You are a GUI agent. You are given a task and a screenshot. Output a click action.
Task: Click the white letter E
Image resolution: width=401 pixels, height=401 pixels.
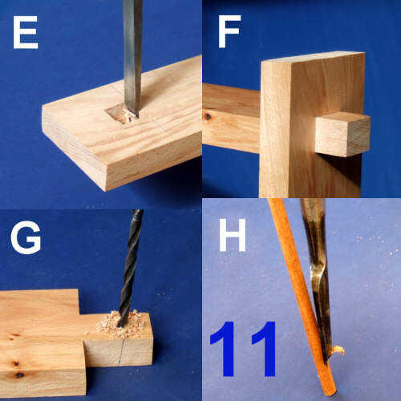tap(26, 32)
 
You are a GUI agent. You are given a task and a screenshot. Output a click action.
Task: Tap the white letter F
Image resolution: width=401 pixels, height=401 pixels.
tap(229, 31)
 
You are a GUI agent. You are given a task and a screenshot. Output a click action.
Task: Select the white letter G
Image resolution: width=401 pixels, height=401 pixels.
tap(26, 237)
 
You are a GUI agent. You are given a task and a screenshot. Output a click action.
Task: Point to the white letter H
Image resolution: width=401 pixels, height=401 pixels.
tap(233, 235)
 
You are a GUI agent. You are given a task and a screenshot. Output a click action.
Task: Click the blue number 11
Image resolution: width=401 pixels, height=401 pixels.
tap(243, 349)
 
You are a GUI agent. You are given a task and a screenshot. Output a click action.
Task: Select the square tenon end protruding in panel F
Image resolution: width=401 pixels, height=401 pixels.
tap(342, 134)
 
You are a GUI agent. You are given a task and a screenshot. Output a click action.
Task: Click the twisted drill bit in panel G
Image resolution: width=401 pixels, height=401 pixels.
tap(130, 268)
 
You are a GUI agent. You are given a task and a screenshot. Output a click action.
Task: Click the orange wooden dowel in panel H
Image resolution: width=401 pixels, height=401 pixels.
tap(302, 297)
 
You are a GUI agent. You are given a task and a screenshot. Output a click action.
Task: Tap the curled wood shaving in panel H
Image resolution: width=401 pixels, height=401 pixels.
tap(337, 350)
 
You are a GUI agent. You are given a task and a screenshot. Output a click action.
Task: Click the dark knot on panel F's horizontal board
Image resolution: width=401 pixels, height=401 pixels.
tap(207, 116)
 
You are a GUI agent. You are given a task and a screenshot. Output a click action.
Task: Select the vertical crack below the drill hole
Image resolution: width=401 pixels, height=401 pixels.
tap(122, 351)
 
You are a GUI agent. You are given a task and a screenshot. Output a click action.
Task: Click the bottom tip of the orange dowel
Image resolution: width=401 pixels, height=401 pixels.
tap(331, 394)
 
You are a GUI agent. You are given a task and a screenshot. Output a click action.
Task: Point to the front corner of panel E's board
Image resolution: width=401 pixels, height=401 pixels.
tap(106, 190)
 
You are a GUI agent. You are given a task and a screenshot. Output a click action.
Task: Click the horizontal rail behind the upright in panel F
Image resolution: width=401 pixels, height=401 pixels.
tap(231, 118)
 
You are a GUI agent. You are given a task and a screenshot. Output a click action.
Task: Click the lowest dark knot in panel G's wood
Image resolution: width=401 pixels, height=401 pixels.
tap(19, 375)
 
